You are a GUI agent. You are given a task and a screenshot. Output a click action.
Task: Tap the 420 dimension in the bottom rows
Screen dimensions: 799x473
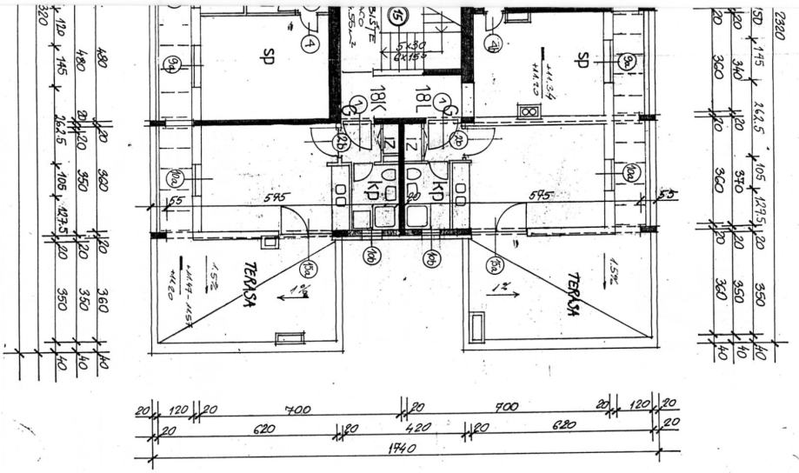point(407,428)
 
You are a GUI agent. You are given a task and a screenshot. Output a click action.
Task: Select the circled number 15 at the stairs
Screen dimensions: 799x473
point(398,15)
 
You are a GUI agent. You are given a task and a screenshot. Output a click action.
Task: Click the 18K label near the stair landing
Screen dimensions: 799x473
point(377,99)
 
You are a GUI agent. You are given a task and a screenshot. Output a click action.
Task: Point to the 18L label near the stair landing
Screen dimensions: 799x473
point(423,97)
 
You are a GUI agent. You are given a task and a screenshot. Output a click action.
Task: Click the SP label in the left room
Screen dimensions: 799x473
point(266,57)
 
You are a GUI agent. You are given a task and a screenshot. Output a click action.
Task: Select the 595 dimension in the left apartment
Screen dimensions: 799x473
point(276,198)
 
